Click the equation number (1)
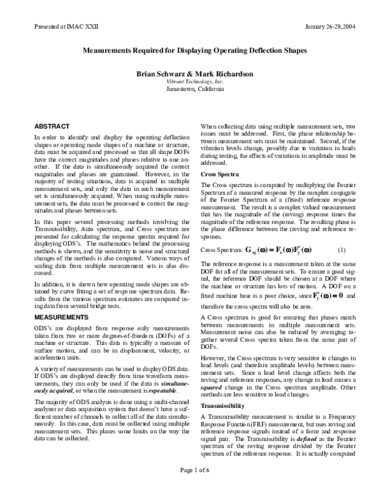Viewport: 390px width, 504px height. tap(342, 249)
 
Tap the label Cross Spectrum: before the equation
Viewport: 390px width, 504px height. tap(220, 250)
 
